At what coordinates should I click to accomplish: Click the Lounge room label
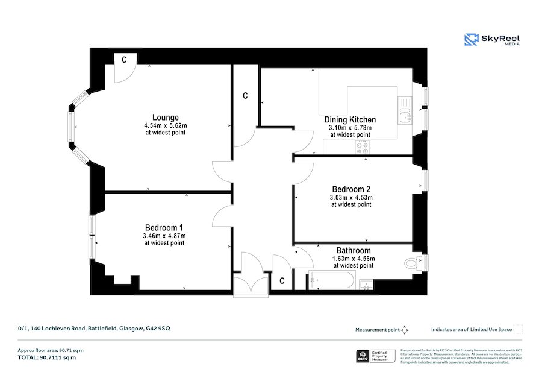(x=165, y=117)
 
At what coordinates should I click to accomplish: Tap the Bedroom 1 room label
(x=164, y=227)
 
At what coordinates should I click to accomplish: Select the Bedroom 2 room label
(x=350, y=189)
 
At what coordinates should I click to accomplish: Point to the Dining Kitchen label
(x=350, y=119)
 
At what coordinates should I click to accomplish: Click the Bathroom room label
(x=353, y=250)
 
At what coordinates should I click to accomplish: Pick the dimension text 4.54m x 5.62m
(x=165, y=125)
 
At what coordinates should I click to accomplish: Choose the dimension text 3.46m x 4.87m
(x=164, y=235)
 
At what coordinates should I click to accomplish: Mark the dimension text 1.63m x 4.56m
(x=353, y=258)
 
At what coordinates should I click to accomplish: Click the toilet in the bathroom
(x=415, y=262)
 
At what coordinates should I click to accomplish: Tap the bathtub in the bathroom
(x=331, y=280)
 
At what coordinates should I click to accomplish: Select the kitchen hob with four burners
(x=363, y=148)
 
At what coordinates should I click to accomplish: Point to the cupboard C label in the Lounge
(x=124, y=60)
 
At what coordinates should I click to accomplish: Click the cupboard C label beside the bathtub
(x=281, y=281)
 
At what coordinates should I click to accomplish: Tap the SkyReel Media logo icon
(x=471, y=40)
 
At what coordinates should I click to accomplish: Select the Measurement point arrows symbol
(x=405, y=330)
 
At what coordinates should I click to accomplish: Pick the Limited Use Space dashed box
(x=518, y=329)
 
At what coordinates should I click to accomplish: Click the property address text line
(x=94, y=329)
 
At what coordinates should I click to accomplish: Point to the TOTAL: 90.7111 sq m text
(x=47, y=357)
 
